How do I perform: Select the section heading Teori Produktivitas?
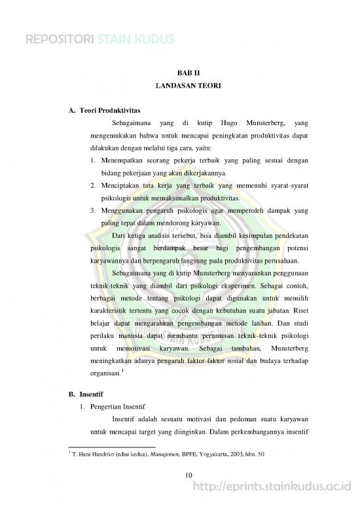[x=109, y=109]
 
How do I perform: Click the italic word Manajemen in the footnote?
[x=168, y=453]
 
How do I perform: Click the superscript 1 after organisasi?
[x=122, y=371]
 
